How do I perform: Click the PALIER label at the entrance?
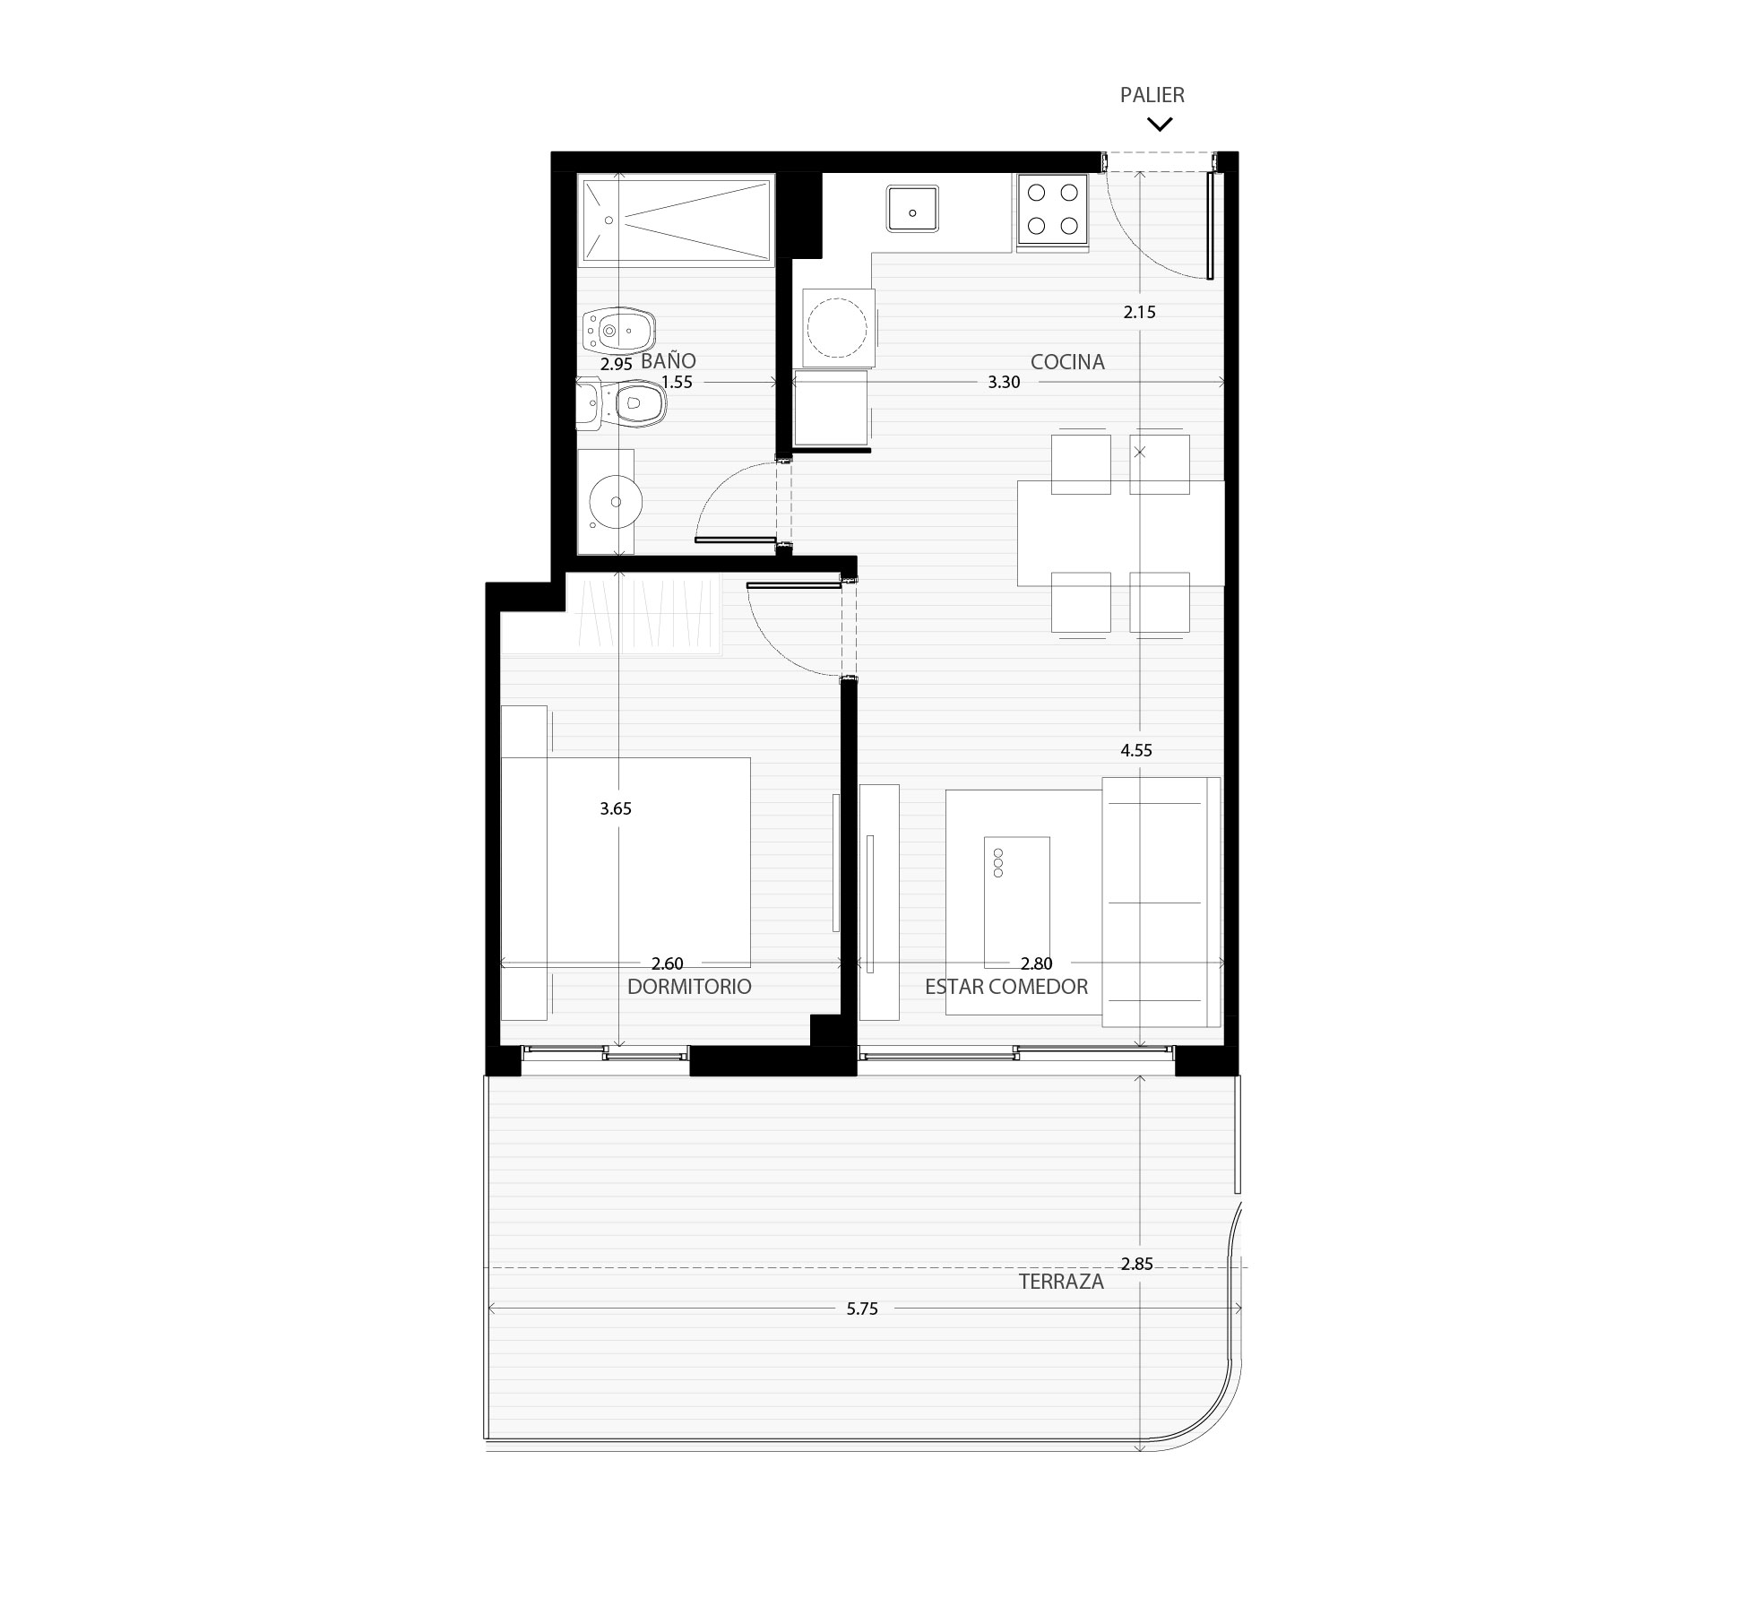pos(1152,95)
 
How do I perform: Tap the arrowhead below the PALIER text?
pos(1160,125)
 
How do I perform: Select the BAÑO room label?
pos(669,360)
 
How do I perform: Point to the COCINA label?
pos(1067,362)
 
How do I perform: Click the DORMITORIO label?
pos(689,987)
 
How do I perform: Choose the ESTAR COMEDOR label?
pos(1006,987)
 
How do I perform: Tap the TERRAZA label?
pos(1061,1282)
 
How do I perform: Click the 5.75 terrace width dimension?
pos(862,1309)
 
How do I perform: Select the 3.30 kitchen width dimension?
pos(1004,382)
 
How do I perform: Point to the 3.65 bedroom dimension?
pos(616,808)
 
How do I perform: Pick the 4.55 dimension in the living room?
pos(1136,750)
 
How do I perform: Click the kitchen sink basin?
pos(912,209)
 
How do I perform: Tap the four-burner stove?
pos(1053,209)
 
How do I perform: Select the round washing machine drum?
pos(839,328)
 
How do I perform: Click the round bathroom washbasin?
pos(617,502)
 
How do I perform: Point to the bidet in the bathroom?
pos(618,331)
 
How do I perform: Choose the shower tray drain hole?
pos(608,220)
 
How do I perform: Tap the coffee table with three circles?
pos(1017,903)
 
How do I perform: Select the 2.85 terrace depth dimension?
pos(1136,1264)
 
